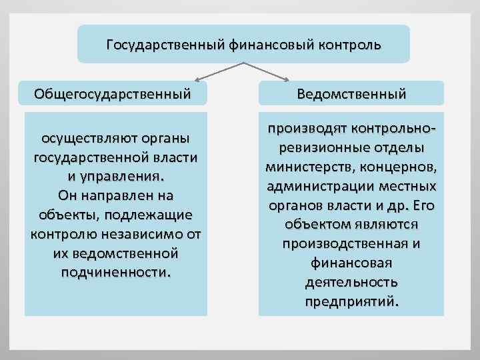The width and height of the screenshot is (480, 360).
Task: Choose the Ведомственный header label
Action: (352, 94)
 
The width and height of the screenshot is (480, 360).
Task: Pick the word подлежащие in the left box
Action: (151, 215)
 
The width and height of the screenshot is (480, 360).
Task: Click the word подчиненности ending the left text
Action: (115, 273)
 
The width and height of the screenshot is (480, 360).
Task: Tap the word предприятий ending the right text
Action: (351, 301)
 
